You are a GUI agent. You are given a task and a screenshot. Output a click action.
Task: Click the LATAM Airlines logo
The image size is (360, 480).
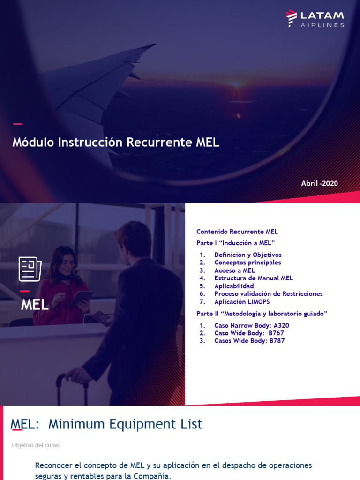tap(315, 18)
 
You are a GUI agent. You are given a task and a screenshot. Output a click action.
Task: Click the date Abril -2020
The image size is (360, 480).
tap(319, 183)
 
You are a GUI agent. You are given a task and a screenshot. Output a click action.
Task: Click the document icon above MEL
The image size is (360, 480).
tap(30, 269)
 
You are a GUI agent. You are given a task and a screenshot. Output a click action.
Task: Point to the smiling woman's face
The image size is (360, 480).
tap(65, 264)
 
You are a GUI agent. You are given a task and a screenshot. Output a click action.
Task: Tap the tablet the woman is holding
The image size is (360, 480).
tap(80, 299)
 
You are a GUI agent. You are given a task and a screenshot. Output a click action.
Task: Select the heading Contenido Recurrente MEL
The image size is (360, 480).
tap(237, 232)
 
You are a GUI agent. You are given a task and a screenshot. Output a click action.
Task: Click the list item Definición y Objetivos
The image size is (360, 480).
tap(248, 255)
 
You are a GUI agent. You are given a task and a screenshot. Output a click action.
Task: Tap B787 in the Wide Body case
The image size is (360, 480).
tap(277, 341)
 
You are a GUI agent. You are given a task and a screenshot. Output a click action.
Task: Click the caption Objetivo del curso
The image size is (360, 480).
tap(35, 445)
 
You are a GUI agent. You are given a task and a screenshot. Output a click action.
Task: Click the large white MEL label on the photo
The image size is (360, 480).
tap(35, 305)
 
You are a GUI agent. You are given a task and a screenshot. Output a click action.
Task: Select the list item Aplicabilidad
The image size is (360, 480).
tap(234, 286)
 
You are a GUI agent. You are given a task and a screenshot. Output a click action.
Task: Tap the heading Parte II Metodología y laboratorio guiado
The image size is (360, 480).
tap(262, 314)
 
